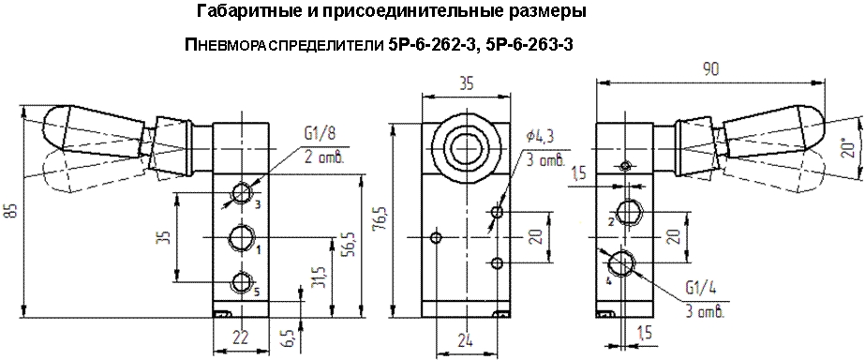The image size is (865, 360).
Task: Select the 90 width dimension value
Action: [x=710, y=69]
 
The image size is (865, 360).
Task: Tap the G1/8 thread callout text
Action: [x=320, y=133]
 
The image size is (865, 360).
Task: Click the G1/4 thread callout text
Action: [x=701, y=288]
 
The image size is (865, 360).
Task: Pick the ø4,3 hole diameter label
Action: [x=540, y=136]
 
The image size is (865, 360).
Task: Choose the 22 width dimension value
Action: [x=241, y=337]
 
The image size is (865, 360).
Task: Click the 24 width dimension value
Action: [x=466, y=340]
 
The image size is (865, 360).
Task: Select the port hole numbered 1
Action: [x=242, y=237]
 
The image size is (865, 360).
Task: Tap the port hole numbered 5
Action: [x=242, y=282]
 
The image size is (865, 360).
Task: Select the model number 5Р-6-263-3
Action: [x=530, y=46]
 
